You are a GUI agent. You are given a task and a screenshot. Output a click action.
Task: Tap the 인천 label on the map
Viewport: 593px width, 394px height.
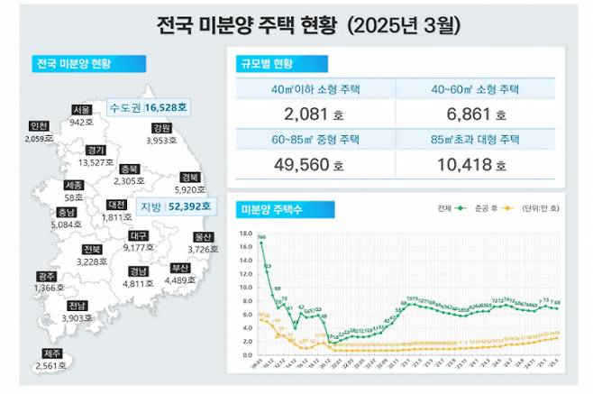39,125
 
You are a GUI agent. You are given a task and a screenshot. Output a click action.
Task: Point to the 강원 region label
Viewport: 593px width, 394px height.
162,128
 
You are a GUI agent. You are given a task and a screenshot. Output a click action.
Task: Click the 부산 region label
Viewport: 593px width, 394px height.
180,267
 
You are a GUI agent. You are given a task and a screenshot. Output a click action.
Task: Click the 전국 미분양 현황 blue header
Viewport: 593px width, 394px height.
86,64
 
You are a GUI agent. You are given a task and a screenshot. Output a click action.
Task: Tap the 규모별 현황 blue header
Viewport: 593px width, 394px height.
266,64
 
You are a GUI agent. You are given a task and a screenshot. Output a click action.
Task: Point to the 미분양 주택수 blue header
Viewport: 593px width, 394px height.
271,209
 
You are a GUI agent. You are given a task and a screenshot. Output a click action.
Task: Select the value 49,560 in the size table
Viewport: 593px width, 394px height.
302,165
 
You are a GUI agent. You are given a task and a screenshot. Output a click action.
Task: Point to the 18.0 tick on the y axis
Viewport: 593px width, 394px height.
246,231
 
